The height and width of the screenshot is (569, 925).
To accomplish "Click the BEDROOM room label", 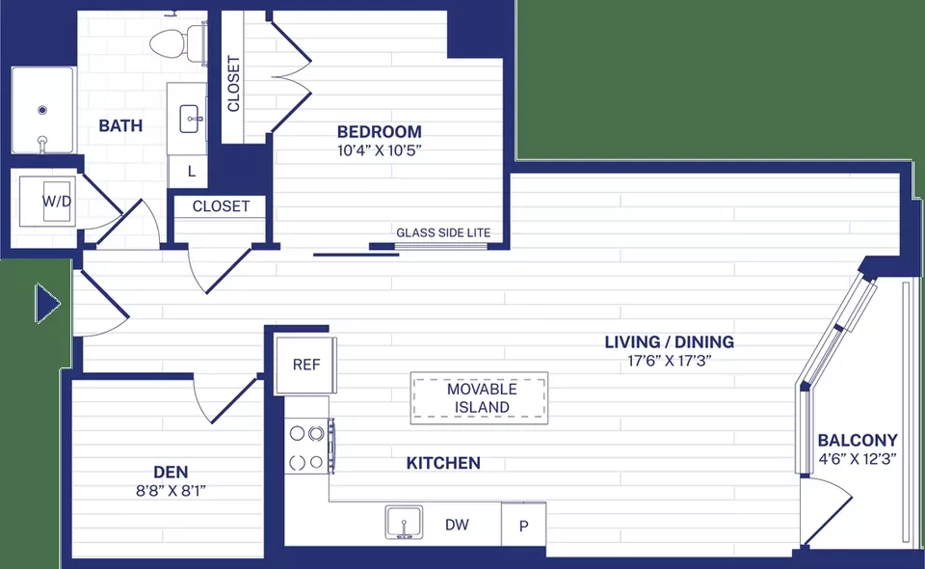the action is click(380, 131).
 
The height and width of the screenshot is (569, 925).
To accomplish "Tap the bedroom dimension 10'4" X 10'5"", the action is click(380, 150).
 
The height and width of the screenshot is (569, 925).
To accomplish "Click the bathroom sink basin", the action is click(191, 120).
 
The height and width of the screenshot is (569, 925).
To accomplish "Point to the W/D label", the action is click(57, 202).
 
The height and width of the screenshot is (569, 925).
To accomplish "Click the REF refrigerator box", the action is click(306, 365).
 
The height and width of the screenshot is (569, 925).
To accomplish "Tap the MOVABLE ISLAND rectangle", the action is click(479, 398).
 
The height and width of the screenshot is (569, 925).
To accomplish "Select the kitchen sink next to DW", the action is click(404, 522).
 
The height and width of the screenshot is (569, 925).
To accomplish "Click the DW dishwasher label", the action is click(457, 524).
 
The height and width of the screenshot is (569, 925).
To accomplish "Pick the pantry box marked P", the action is click(523, 525).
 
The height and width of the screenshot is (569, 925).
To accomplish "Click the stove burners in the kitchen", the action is click(307, 447).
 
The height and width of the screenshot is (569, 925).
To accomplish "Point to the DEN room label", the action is click(171, 473).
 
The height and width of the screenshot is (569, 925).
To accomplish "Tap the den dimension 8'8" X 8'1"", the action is click(172, 491).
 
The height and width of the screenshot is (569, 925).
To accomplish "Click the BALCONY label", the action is click(858, 441).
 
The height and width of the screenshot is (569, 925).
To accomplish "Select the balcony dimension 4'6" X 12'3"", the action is click(858, 459).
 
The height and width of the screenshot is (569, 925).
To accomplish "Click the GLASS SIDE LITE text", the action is click(443, 232).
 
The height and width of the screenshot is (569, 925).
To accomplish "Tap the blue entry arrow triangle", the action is click(47, 304).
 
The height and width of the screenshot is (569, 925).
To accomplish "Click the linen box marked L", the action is click(191, 172).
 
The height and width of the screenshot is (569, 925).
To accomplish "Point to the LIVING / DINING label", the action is click(669, 341).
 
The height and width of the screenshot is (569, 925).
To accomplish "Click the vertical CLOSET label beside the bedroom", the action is click(233, 83).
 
